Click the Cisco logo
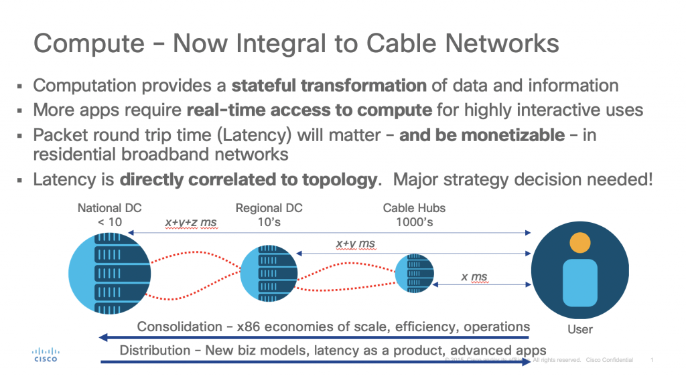[46, 354]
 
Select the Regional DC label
[269, 208]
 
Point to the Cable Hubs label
[413, 208]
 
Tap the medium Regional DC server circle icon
[269, 274]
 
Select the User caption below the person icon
[579, 329]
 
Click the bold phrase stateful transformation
[328, 86]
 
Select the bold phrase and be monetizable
[482, 135]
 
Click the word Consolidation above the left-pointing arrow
[179, 326]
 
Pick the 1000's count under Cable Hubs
[413, 222]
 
